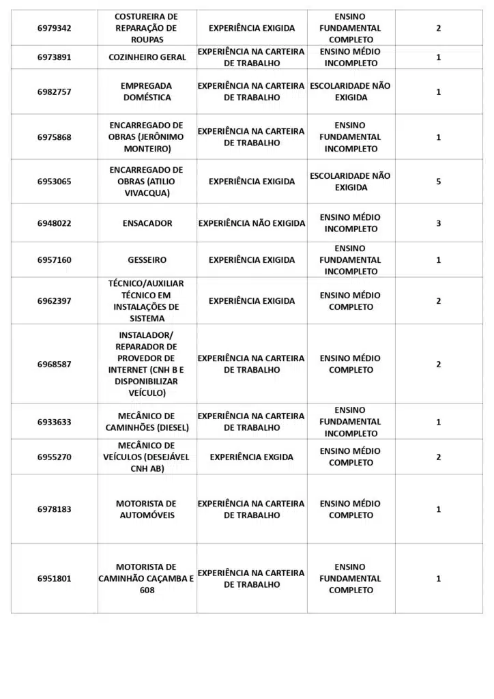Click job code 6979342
(x=54, y=29)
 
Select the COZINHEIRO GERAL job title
(x=147, y=57)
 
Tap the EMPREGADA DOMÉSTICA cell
(x=146, y=91)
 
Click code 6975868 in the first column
(x=54, y=137)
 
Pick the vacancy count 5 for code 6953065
(x=438, y=182)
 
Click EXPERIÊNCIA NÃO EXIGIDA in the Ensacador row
(x=252, y=223)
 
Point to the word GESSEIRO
(x=147, y=260)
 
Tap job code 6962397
(x=54, y=301)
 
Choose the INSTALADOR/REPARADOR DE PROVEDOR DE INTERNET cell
(x=146, y=364)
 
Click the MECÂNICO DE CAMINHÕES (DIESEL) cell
(x=147, y=422)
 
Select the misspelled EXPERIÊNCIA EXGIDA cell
(x=251, y=457)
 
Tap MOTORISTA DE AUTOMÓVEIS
(x=147, y=509)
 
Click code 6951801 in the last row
(x=54, y=579)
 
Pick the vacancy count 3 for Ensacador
(x=438, y=223)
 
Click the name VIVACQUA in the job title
(x=146, y=193)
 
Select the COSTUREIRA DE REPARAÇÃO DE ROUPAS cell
(x=146, y=28)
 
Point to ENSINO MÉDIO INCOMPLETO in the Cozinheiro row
(x=351, y=57)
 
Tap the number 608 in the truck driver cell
(x=147, y=590)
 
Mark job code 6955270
(x=54, y=457)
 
